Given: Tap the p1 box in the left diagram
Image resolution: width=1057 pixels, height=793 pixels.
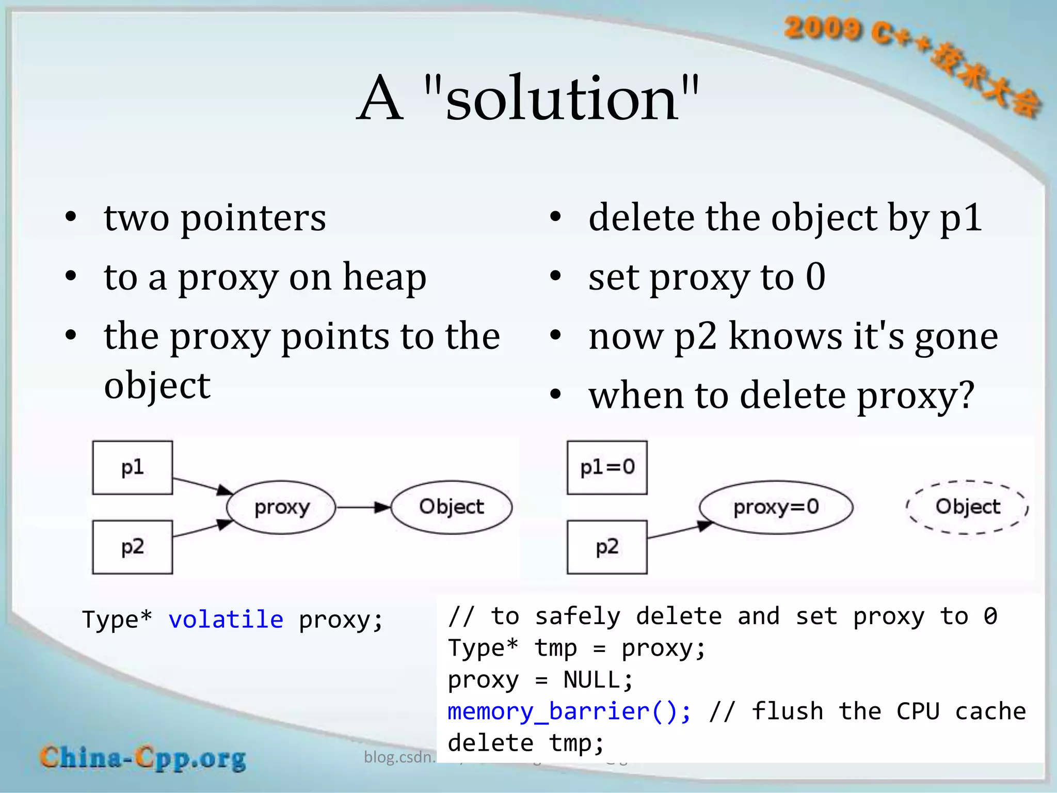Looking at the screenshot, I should (132, 468).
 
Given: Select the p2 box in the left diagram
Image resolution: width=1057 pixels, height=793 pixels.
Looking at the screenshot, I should (132, 547).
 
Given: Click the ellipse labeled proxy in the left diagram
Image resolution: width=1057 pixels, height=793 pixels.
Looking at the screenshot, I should (281, 507).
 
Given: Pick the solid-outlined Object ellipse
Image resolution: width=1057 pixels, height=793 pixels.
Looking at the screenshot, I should (451, 507).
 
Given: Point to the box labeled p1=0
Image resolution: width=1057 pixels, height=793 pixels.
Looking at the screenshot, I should (607, 468).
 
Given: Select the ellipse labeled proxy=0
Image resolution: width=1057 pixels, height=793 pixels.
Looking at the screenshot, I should (776, 507).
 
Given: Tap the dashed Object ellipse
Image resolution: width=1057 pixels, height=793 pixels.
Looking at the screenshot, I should (967, 507).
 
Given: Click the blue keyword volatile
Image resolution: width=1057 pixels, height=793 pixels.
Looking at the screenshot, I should (226, 620).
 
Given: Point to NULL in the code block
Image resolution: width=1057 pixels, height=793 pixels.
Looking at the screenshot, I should (598, 680).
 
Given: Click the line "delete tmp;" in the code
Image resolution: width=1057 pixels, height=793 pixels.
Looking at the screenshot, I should (525, 743).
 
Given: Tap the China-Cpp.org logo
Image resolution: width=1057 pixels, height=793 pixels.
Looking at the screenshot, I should (143, 758).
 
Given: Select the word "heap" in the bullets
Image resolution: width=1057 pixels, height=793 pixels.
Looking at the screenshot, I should (385, 277).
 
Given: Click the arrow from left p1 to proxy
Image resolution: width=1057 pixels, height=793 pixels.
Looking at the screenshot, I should (202, 485).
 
